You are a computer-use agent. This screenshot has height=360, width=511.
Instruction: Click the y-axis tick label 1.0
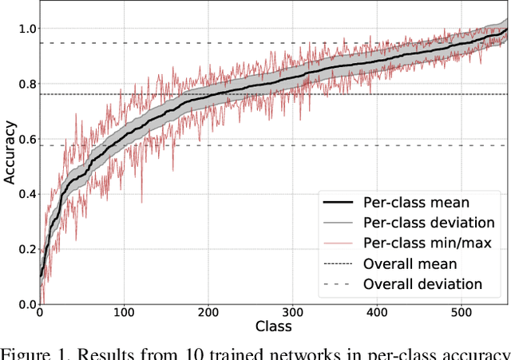pyautogui.click(x=26, y=29)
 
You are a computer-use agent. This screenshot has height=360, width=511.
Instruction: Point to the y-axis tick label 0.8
pyautogui.click(x=26, y=84)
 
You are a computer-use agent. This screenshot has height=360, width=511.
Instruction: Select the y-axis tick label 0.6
pyautogui.click(x=26, y=139)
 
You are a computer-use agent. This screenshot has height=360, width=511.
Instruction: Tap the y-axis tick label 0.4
pyautogui.click(x=26, y=194)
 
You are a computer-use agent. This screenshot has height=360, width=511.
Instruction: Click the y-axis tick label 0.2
pyautogui.click(x=26, y=249)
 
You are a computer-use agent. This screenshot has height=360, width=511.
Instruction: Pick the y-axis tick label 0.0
pyautogui.click(x=26, y=304)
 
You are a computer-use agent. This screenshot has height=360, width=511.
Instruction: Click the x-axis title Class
pyautogui.click(x=273, y=326)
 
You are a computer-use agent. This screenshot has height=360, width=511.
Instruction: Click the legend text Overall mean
pyautogui.click(x=410, y=263)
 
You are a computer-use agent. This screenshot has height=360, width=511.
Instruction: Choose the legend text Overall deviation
pyautogui.click(x=422, y=284)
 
